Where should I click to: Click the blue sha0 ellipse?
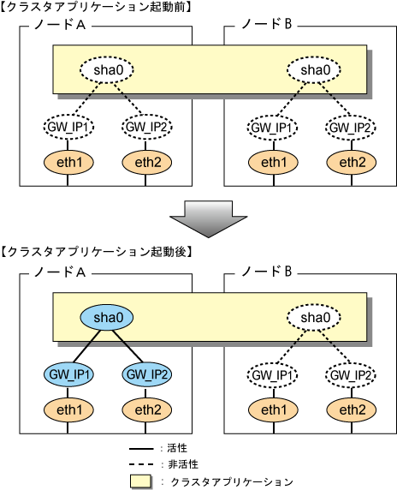[107, 318]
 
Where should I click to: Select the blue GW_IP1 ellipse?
[68, 374]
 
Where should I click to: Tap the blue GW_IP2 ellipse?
[146, 374]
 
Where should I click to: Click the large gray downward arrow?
[209, 219]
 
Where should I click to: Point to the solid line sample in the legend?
[141, 449]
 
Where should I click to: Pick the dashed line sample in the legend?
[141, 464]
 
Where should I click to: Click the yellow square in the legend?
[140, 481]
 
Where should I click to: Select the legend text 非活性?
[183, 464]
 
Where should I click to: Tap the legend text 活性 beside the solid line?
[177, 448]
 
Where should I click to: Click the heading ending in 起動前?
[95, 7]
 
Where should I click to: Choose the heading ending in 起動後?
[95, 252]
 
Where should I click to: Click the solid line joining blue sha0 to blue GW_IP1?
[86, 346]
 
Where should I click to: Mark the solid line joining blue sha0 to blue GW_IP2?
[128, 346]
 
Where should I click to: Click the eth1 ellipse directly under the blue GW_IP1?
[68, 409]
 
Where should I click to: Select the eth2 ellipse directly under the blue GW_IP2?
[146, 409]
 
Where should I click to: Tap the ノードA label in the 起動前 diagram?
[60, 24]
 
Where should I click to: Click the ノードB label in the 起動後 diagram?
[267, 272]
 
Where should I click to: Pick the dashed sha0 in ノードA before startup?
[107, 70]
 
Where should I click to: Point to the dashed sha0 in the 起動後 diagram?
[314, 318]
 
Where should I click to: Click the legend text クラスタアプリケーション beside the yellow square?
[232, 482]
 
